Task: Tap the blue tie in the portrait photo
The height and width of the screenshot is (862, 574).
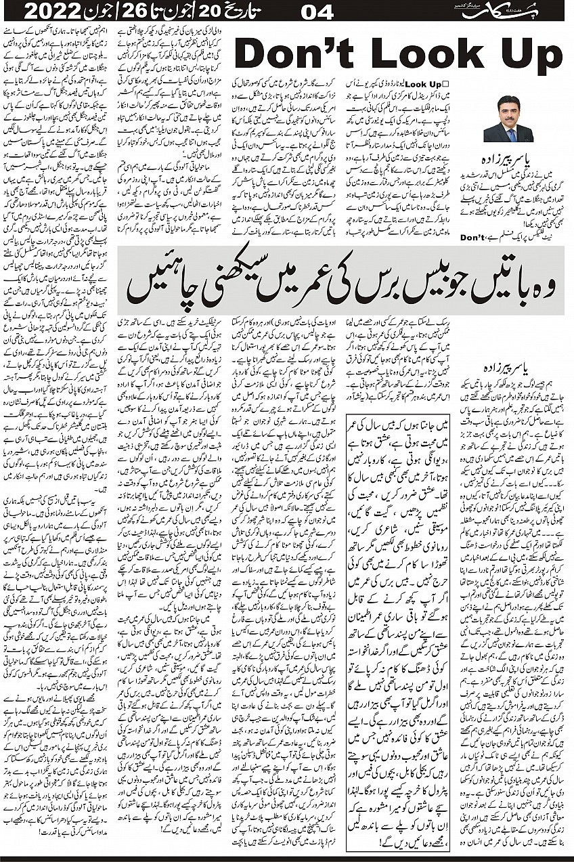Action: tap(508, 132)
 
